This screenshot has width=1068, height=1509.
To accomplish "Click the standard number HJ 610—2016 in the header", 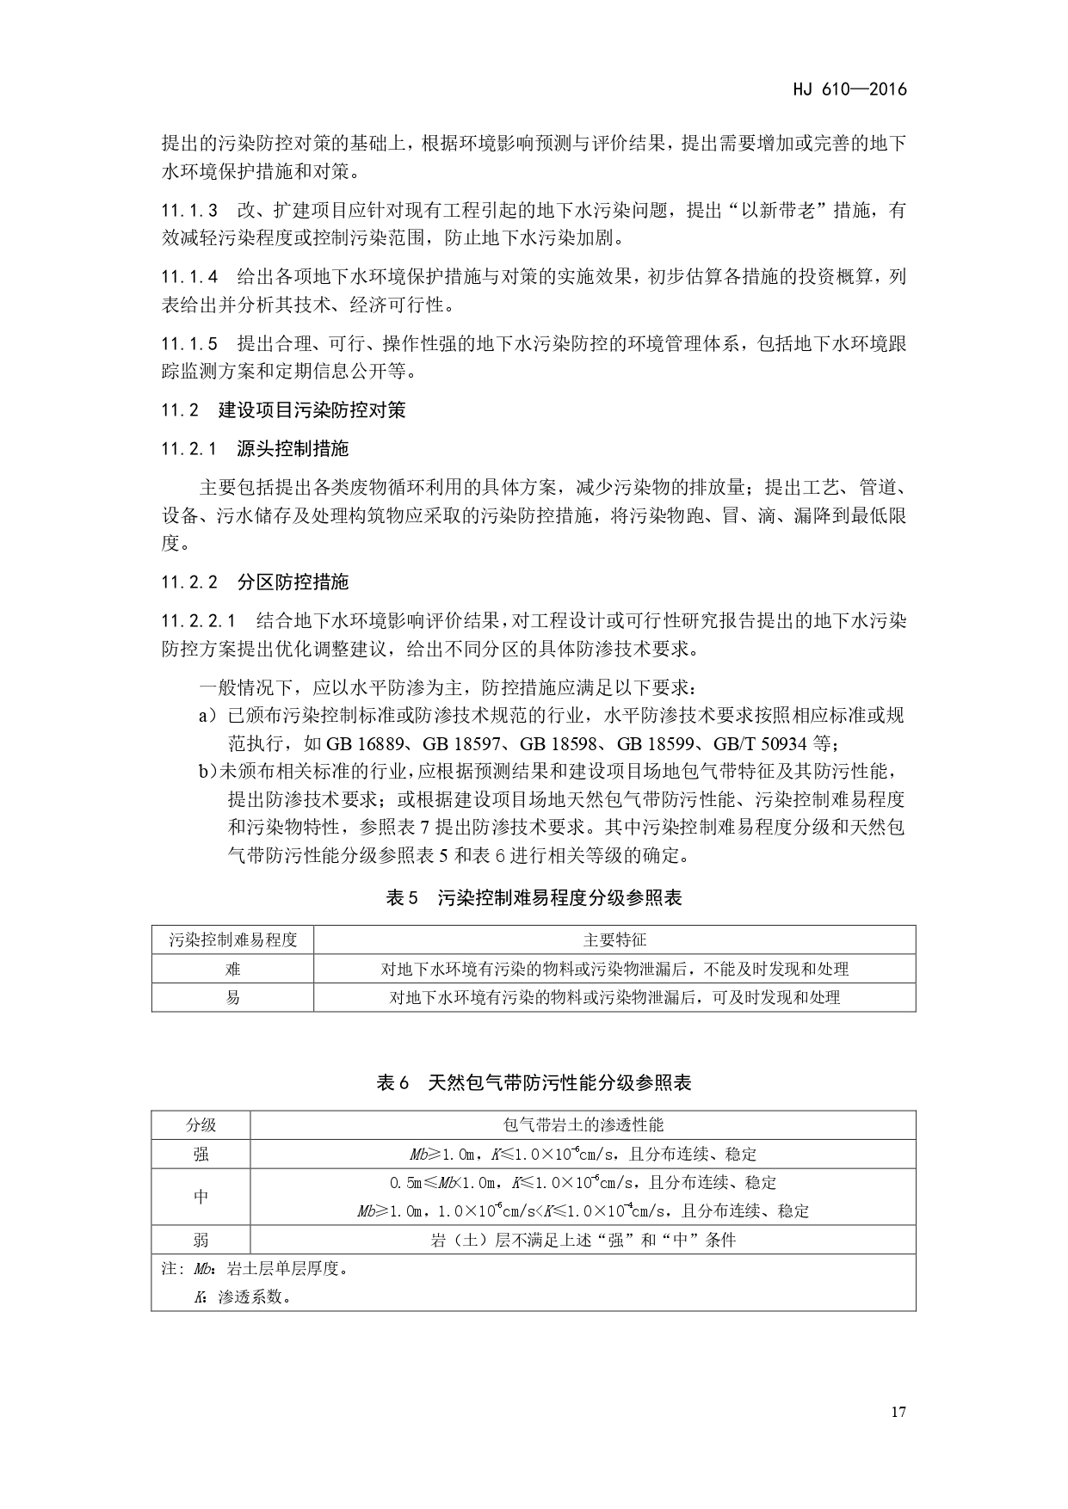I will coord(848,89).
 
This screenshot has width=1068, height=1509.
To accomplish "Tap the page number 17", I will coord(898,1412).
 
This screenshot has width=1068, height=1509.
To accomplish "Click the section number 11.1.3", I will coord(188,211).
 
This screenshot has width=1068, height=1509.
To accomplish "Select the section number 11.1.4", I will coord(188,277).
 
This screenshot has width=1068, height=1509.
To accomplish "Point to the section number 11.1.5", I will coord(188,344).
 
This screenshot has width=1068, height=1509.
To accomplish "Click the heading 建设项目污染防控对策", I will coord(312,410).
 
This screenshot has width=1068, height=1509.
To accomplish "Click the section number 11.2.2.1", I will coord(198,621).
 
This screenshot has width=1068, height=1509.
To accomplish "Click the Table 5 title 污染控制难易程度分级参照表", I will coord(559,898).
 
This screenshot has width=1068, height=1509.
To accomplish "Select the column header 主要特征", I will coord(614,940).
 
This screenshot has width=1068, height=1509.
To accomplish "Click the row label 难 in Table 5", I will coord(232,969).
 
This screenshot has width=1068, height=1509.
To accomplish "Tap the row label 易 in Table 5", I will coord(232,998).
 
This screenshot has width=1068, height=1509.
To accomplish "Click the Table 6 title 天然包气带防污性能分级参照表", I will coord(559,1082).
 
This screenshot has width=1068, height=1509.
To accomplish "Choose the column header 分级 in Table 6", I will coord(201,1125).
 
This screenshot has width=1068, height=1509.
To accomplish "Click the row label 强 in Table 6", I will coord(201,1155).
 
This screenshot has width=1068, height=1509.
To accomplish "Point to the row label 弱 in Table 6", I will coord(201,1240).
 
